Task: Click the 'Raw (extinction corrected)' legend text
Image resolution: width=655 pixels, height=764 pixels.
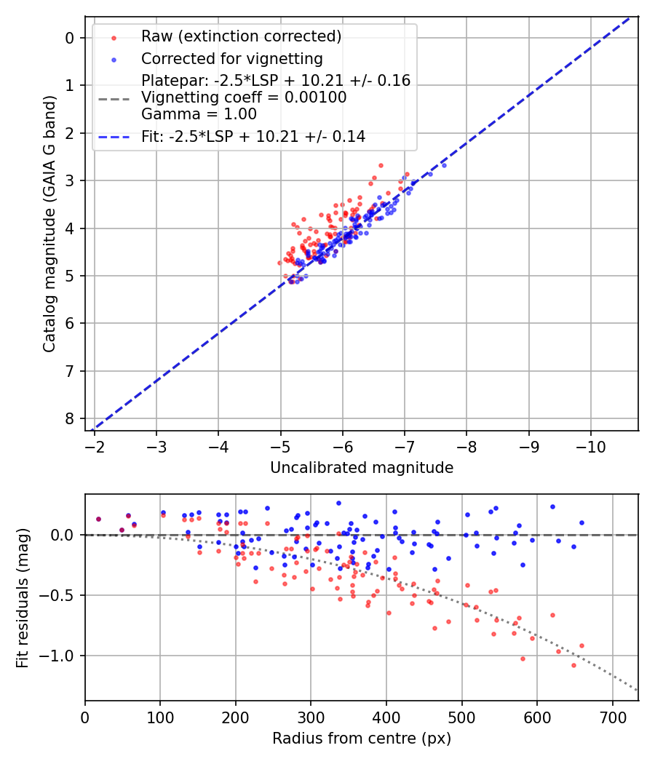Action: [241, 36]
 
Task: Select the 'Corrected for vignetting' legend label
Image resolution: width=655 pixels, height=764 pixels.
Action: [231, 58]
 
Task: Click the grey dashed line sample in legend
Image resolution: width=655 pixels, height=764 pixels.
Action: [114, 98]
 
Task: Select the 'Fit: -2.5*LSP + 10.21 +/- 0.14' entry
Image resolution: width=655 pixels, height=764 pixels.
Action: [253, 136]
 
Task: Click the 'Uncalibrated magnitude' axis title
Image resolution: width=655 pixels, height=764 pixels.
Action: [362, 468]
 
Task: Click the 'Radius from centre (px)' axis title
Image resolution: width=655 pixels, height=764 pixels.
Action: [362, 739]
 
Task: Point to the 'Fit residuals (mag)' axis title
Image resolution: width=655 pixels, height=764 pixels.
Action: [22, 598]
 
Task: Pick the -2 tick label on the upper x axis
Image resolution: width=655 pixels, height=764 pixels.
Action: [95, 446]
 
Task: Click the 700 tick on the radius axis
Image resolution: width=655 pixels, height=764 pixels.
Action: [612, 717]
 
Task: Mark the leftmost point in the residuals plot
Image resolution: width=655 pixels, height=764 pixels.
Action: [98, 519]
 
